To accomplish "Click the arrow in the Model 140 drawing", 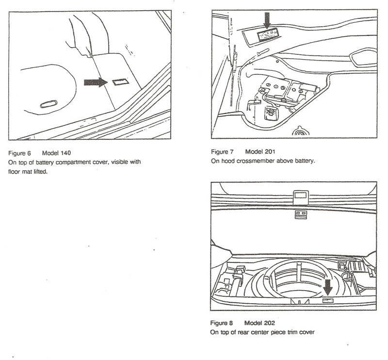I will tap(95, 82).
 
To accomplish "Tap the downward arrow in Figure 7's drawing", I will tap(266, 21).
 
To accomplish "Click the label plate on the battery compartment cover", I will tap(120, 82).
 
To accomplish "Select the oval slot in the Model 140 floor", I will tap(48, 103).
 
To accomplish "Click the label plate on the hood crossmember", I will tap(267, 34).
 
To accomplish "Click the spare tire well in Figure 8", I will tap(296, 281).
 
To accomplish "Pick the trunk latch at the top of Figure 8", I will tap(300, 196).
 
